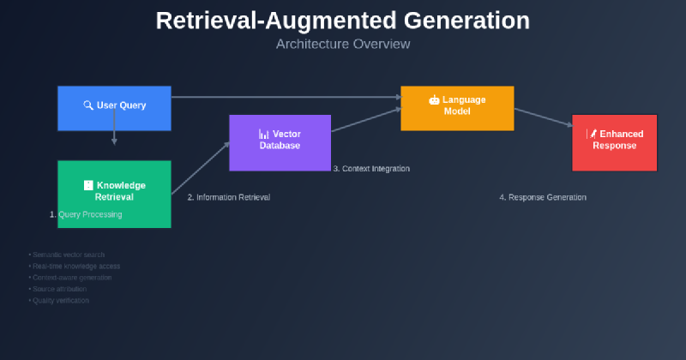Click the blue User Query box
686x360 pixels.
(x=114, y=108)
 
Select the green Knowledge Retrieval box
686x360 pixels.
(x=114, y=194)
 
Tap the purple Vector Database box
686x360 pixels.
(x=280, y=142)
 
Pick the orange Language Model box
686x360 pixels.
(x=457, y=108)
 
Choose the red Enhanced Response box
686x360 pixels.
(x=614, y=142)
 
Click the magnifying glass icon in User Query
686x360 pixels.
(x=87, y=105)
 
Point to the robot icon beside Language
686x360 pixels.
(x=434, y=100)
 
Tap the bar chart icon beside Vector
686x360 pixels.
(x=264, y=135)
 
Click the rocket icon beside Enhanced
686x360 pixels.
(x=592, y=135)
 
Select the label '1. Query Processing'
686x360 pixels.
(x=86, y=214)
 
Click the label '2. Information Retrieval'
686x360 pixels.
(x=229, y=197)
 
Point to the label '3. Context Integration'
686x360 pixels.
(x=371, y=169)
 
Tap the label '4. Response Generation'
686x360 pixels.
(x=543, y=197)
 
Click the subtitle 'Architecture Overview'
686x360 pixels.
(x=342, y=44)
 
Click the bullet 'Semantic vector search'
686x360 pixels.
(x=69, y=255)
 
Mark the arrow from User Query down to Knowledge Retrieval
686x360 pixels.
(x=114, y=137)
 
